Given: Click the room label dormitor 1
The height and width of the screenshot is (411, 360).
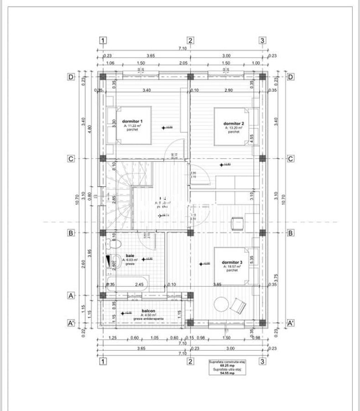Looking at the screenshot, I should tap(132, 121).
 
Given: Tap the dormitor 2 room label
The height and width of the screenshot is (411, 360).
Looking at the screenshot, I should tap(233, 124).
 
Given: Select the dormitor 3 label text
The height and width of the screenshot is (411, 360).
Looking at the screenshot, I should tap(232, 263).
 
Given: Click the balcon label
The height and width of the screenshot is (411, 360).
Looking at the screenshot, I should tap(148, 310).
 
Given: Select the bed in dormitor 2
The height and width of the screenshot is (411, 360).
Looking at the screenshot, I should tap(232, 126).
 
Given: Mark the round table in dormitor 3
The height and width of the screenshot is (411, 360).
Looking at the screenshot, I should tap(221, 304).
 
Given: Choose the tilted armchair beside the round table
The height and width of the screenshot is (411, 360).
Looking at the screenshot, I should tap(238, 305).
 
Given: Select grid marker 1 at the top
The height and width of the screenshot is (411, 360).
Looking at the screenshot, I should tap(103, 40).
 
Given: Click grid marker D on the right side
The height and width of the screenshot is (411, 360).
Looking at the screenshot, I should tap(290, 77).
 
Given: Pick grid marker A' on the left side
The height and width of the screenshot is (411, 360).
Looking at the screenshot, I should tap(71, 323).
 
